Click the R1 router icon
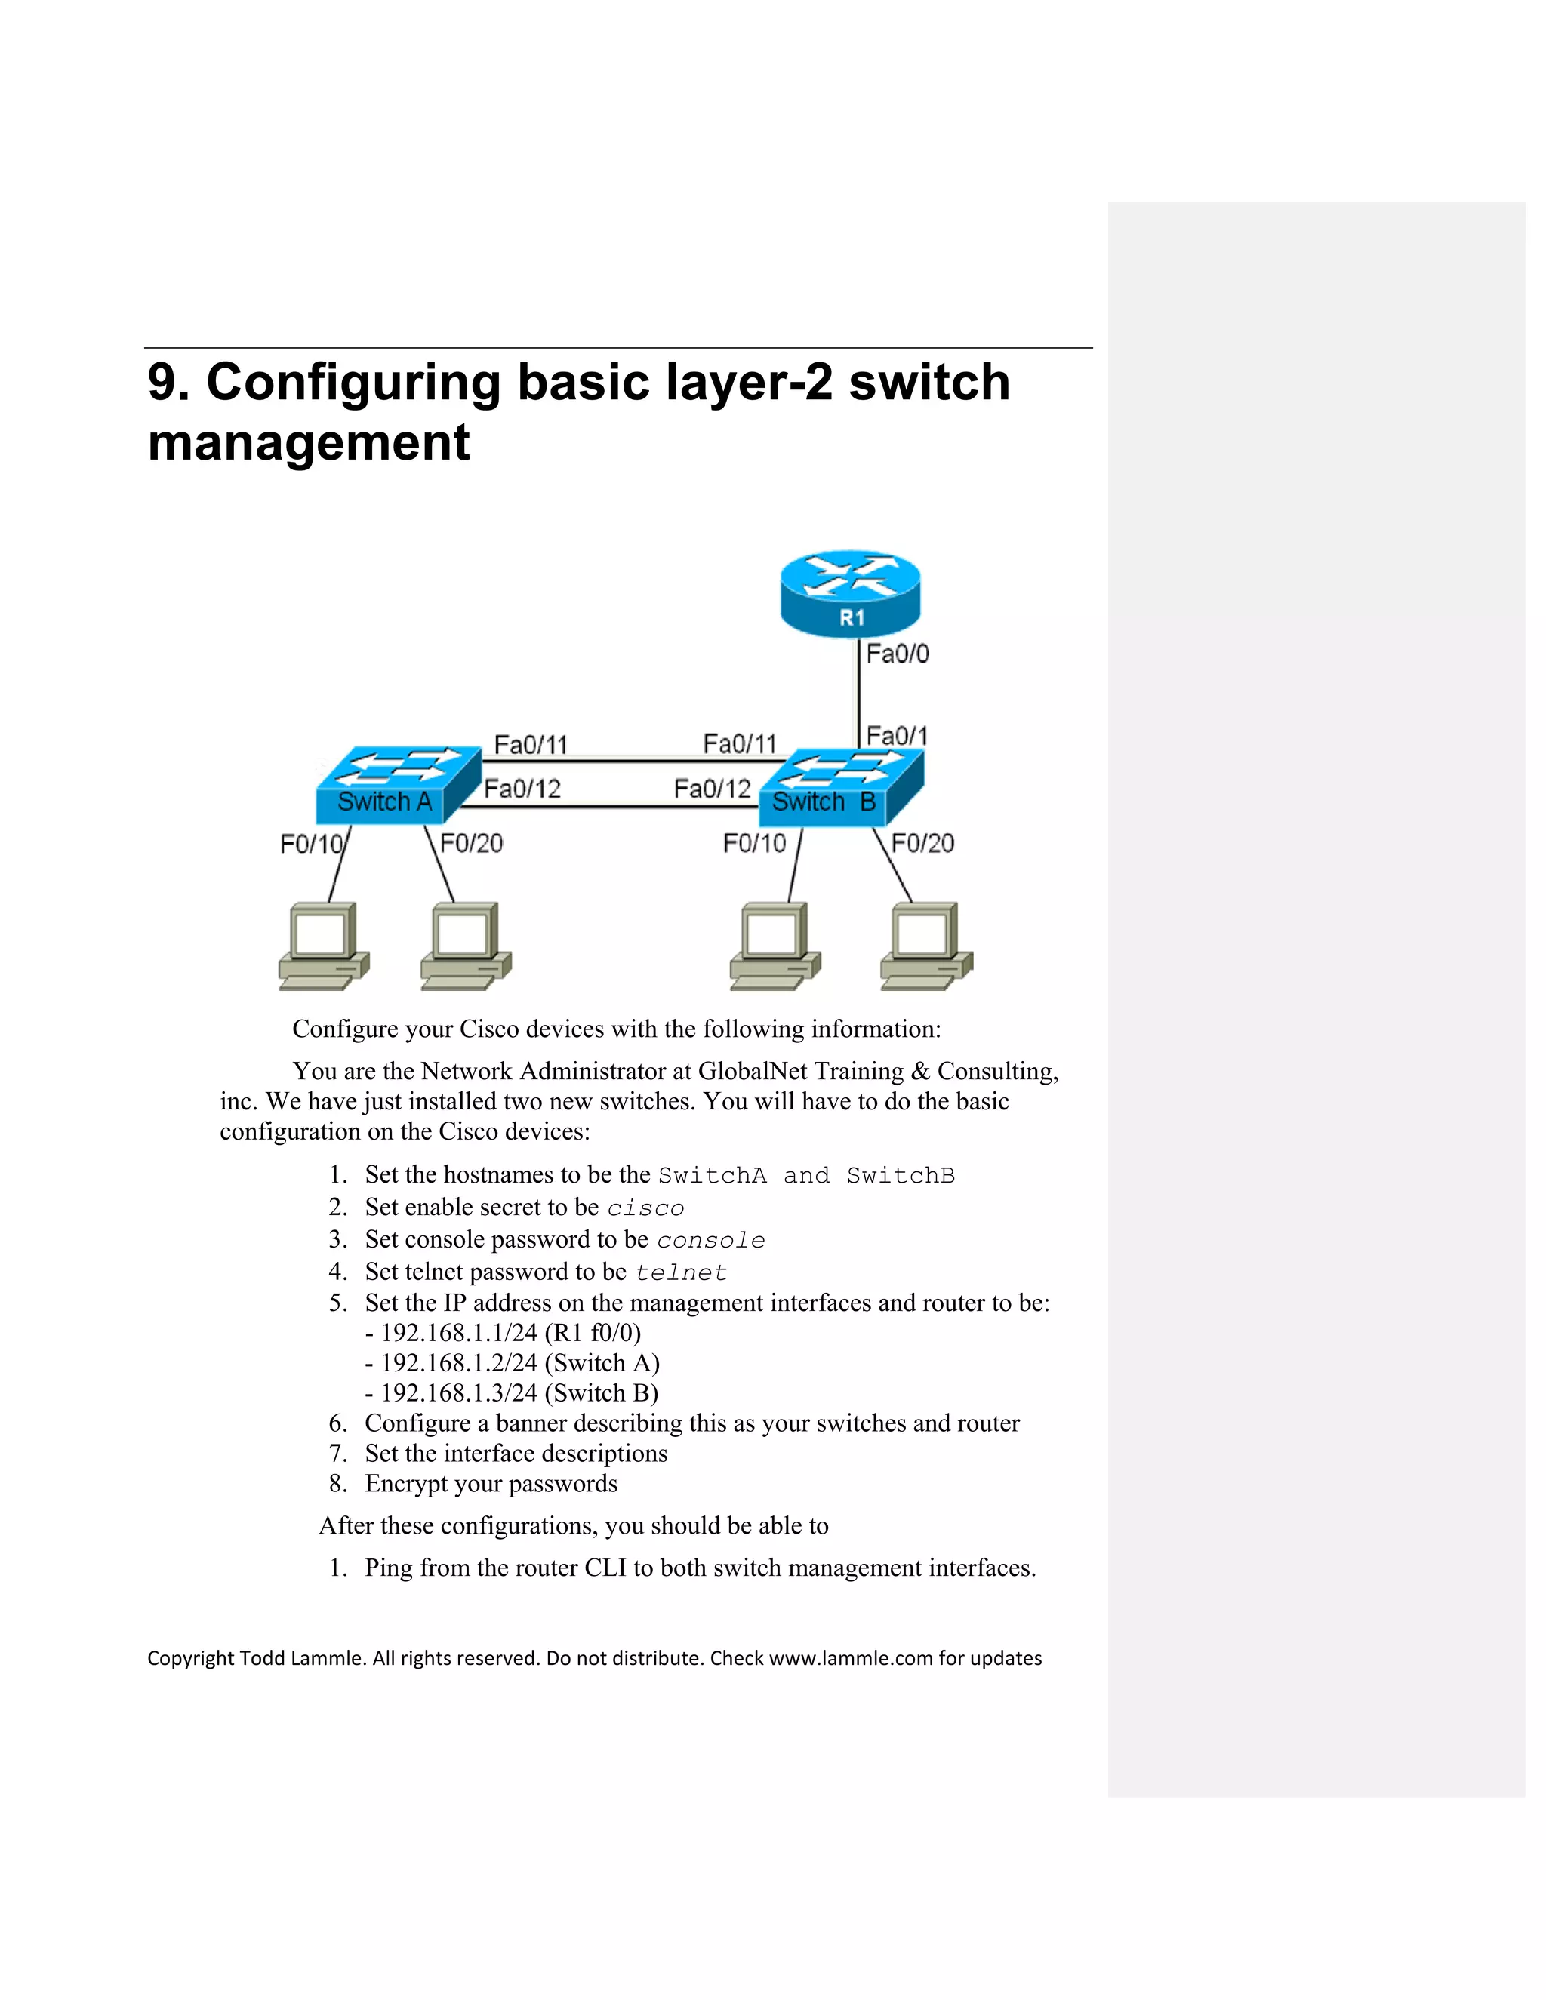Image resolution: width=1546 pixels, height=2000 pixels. tap(850, 592)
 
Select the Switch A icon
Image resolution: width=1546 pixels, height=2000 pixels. tap(396, 786)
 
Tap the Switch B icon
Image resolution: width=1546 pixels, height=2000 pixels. tap(841, 786)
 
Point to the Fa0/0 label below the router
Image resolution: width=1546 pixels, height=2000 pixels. tap(897, 654)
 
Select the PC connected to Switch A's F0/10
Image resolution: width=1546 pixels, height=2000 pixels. tap(323, 946)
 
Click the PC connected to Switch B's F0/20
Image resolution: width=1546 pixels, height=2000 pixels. tap(926, 946)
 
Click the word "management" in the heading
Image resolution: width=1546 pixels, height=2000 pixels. tap(309, 443)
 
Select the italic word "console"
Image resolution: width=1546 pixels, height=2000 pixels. tap(710, 1241)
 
